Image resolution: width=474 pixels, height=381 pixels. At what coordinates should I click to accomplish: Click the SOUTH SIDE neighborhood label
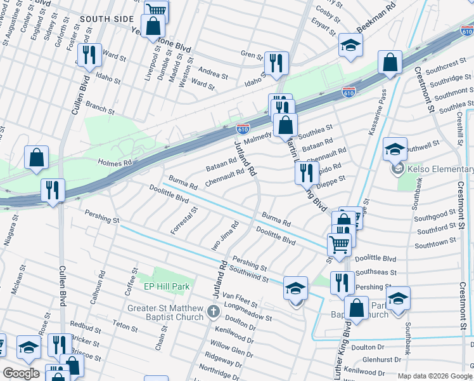[x=106, y=19]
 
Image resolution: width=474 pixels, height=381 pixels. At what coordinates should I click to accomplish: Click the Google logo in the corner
[x=21, y=373]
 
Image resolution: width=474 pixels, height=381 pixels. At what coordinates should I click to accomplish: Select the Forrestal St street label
[x=185, y=219]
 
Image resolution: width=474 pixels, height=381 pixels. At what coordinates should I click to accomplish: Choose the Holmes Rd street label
[x=114, y=163]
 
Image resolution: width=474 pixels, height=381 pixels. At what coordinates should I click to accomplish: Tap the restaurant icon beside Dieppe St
[x=307, y=172]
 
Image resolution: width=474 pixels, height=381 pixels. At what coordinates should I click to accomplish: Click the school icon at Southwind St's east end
[x=295, y=289]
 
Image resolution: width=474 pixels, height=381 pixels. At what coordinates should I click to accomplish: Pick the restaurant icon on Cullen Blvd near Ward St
[x=88, y=55]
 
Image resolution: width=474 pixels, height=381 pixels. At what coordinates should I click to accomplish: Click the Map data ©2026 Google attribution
[x=435, y=375]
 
